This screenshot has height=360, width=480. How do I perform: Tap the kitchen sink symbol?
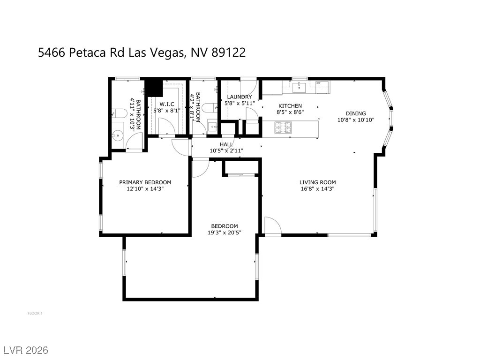tap(299, 86)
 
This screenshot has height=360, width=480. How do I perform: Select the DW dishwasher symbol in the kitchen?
tap(319, 83)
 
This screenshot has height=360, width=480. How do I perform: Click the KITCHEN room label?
tap(290, 106)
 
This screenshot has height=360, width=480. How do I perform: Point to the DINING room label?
tap(356, 113)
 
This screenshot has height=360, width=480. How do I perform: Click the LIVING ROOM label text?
tap(318, 182)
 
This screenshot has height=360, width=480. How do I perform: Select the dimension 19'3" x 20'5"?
tap(224, 232)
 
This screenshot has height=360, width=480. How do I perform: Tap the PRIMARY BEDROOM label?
tap(145, 182)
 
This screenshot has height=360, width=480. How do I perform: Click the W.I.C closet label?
tap(167, 104)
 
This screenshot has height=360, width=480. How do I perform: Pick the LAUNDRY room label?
tap(240, 97)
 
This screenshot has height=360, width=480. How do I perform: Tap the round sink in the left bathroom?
tap(117, 135)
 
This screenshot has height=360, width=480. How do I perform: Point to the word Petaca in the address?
tap(88, 52)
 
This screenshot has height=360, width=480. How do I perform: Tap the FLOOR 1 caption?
tap(35, 313)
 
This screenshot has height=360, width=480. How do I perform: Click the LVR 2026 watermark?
tap(26, 350)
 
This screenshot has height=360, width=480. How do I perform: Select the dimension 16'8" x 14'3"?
tap(318, 189)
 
